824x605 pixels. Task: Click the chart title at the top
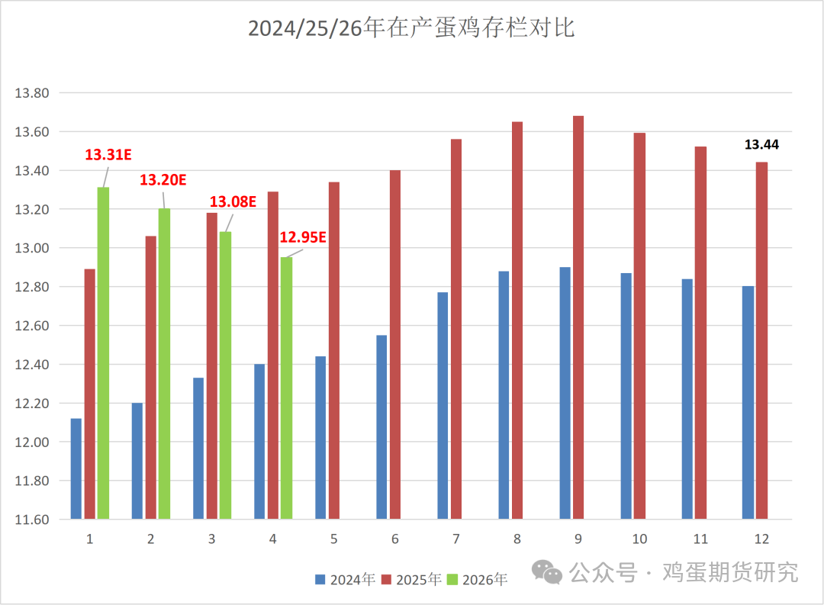coord(411,29)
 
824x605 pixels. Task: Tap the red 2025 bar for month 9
coord(578,317)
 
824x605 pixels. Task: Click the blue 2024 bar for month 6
coord(381,427)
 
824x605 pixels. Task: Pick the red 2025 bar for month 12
coord(761,340)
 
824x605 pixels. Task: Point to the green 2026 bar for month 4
coord(286,388)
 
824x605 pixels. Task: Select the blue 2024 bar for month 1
coord(76,468)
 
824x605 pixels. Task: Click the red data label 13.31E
coord(108,155)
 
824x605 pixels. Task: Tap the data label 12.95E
coord(303,237)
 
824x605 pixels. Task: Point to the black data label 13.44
coord(761,144)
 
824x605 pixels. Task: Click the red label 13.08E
coord(233,201)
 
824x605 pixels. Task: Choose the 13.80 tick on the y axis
coord(32,94)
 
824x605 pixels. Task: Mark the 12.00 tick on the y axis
coord(32,442)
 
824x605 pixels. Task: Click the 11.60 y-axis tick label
coord(32,520)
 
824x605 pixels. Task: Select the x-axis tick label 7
coord(455,539)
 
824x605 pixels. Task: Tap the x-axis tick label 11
coord(700,539)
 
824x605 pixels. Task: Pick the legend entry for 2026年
coord(478,580)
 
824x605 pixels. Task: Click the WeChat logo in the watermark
coord(548,571)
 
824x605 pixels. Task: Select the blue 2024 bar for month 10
coord(626,396)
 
